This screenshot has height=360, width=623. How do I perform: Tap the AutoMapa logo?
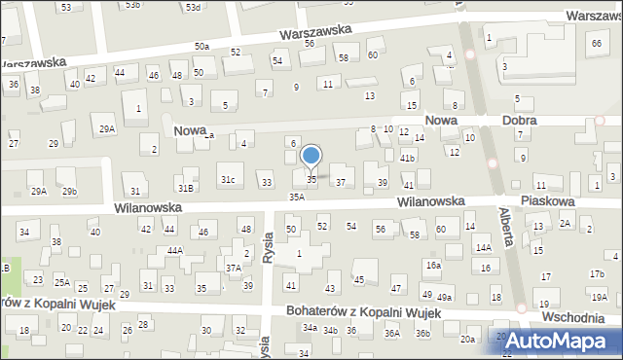557,341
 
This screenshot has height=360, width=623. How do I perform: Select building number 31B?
185,187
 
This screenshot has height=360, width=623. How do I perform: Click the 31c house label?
227,180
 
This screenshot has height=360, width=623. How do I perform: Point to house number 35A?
297,197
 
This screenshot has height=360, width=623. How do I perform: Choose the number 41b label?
408,158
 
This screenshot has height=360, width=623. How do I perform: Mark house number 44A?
174,251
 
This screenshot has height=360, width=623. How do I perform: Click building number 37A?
234,268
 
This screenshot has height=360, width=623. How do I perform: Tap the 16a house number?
432,265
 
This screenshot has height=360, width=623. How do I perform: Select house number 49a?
445,297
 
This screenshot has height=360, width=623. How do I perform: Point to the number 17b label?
597,273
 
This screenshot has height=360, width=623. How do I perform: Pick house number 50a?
202,47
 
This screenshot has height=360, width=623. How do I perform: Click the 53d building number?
194,7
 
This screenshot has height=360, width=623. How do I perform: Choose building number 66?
595,44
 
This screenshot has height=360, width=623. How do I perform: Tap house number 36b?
421,334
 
